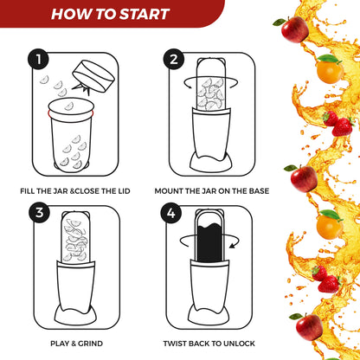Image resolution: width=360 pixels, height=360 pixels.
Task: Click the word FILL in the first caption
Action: point(29,190)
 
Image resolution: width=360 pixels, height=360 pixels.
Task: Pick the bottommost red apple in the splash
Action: point(309,326)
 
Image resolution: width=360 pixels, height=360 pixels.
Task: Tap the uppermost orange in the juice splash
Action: point(328,69)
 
